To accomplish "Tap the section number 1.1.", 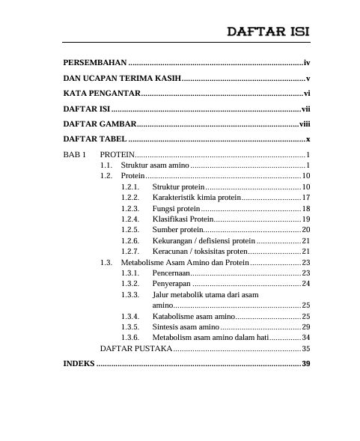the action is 107,164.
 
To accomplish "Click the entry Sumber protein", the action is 177,228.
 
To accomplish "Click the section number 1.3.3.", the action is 129,296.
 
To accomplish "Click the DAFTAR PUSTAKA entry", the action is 136,349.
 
